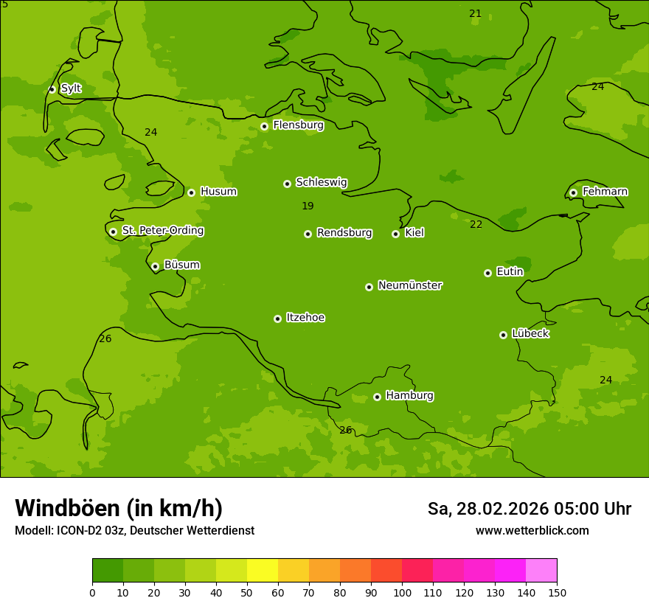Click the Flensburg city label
pos(298,125)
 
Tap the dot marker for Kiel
pos(395,234)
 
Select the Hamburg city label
pos(409,396)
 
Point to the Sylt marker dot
pos(52,89)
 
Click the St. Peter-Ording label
pos(162,231)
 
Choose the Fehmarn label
pos(605,192)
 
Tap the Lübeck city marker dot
pos(503,335)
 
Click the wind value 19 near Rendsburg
pos(308,206)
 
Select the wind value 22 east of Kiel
pos(476,225)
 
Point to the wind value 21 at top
pos(476,14)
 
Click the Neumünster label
pos(409,285)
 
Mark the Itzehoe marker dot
pos(277,319)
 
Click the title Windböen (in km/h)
pos(119,509)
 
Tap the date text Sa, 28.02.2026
pos(487,509)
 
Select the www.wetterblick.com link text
pos(532,531)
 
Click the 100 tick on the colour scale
pos(402,593)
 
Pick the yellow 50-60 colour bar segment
pos(263,571)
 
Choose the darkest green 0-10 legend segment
pos(108,571)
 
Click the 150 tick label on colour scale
pos(557,593)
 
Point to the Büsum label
pos(181,265)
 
